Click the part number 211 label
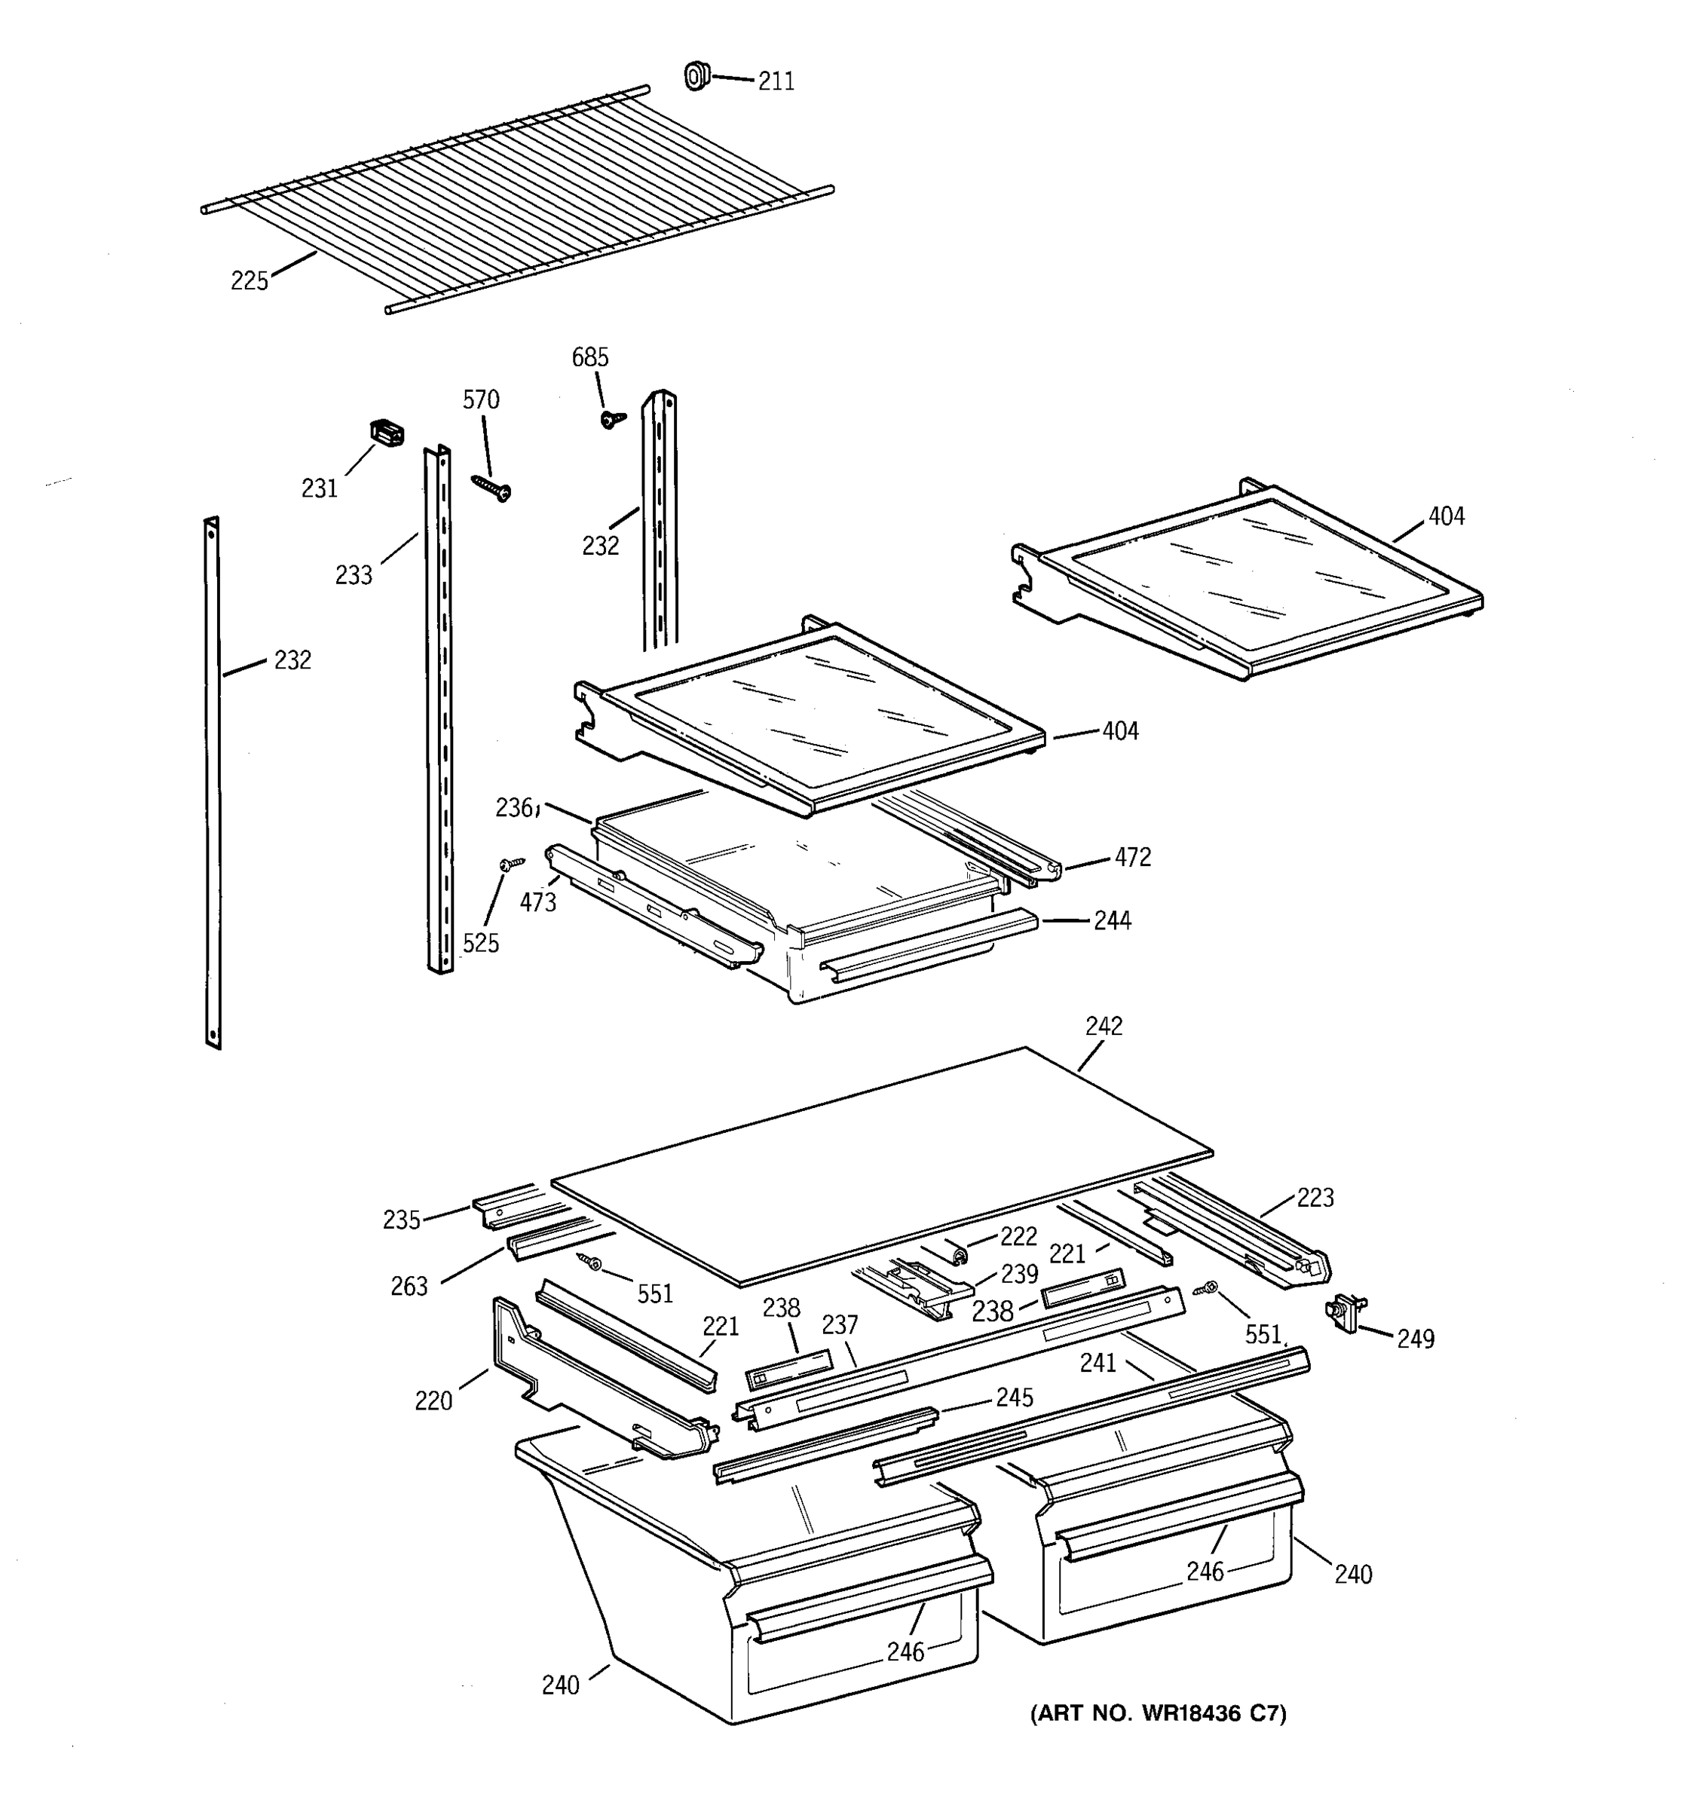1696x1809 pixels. click(776, 82)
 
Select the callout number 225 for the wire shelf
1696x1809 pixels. click(250, 281)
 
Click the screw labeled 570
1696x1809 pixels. click(492, 487)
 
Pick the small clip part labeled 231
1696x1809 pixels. click(387, 433)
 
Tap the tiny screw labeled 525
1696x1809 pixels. click(511, 862)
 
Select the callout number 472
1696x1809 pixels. click(1133, 857)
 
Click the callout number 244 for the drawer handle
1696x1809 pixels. click(1112, 921)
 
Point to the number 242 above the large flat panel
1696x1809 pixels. click(1104, 1026)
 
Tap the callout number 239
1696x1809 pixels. click(1019, 1274)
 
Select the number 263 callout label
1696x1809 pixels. click(409, 1287)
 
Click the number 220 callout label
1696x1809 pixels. click(433, 1401)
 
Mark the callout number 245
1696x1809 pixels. click(1015, 1397)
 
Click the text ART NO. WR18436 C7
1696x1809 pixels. click(1157, 1713)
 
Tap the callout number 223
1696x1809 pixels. click(1315, 1198)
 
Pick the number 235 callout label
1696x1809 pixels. click(401, 1220)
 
